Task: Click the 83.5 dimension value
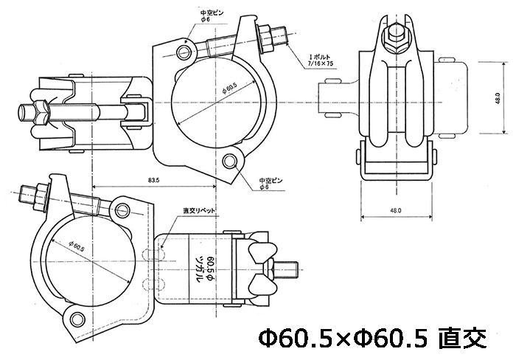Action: point(153,179)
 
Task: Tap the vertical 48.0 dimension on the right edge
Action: point(498,98)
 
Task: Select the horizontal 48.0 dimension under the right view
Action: point(396,210)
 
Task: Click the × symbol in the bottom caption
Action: point(344,339)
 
